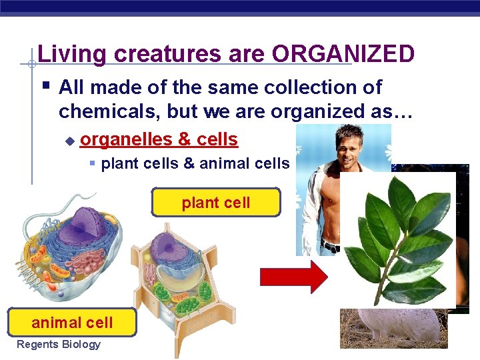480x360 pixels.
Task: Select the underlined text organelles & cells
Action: coord(159,139)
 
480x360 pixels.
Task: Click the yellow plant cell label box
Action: coord(215,202)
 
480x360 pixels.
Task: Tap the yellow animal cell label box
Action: coord(72,323)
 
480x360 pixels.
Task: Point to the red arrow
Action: coord(293,277)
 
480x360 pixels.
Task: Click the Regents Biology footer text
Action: coord(58,344)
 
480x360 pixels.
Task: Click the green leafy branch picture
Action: coord(397,240)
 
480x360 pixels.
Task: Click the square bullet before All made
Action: coord(45,85)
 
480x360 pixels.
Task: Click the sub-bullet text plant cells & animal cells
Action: coord(195,163)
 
